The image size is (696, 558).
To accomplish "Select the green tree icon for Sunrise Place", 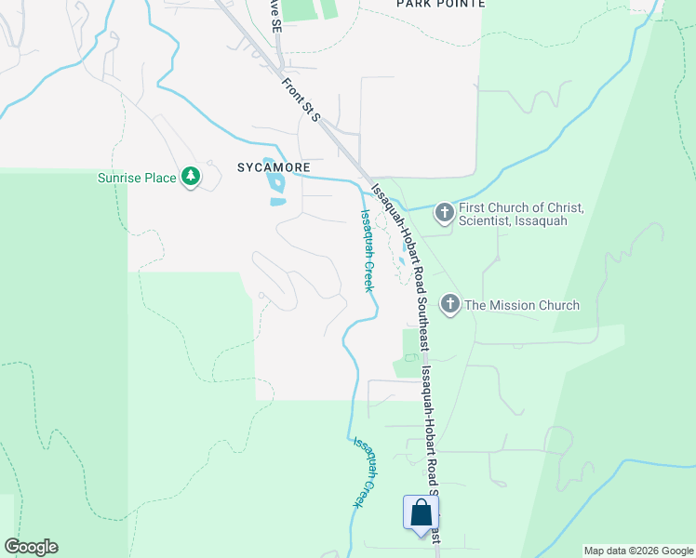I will pyautogui.click(x=191, y=177).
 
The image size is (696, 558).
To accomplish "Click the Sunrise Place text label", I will pyautogui.click(x=137, y=178).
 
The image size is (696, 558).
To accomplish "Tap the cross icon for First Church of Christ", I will pyautogui.click(x=445, y=214).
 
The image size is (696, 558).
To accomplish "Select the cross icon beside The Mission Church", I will pyautogui.click(x=450, y=304).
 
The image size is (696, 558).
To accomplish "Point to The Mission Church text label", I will pyautogui.click(x=522, y=305).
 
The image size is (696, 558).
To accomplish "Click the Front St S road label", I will pyautogui.click(x=301, y=99).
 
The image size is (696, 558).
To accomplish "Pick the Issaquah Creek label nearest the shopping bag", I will pyautogui.click(x=366, y=472).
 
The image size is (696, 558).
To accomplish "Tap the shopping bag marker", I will pyautogui.click(x=421, y=512).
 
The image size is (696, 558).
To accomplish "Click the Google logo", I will pyautogui.click(x=31, y=547).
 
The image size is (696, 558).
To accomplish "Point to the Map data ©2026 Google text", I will pyautogui.click(x=638, y=551).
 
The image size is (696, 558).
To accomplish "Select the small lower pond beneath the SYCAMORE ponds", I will pyautogui.click(x=277, y=201).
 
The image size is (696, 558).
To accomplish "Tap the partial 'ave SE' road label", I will pyautogui.click(x=274, y=16).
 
